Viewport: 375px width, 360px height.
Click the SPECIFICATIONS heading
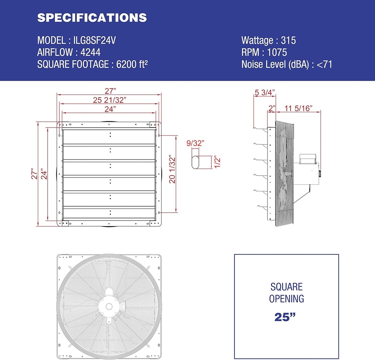point(92,18)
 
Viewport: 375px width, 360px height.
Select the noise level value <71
point(324,65)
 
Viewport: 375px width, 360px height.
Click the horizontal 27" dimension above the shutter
point(109,90)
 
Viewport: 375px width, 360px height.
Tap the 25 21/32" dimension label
point(109,99)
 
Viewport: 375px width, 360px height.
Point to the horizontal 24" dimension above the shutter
point(109,109)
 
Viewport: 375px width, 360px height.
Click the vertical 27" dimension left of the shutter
point(34,174)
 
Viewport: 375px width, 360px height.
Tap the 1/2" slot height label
point(217,161)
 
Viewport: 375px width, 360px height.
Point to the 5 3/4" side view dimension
point(264,92)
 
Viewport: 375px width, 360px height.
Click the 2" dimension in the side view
point(271,108)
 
